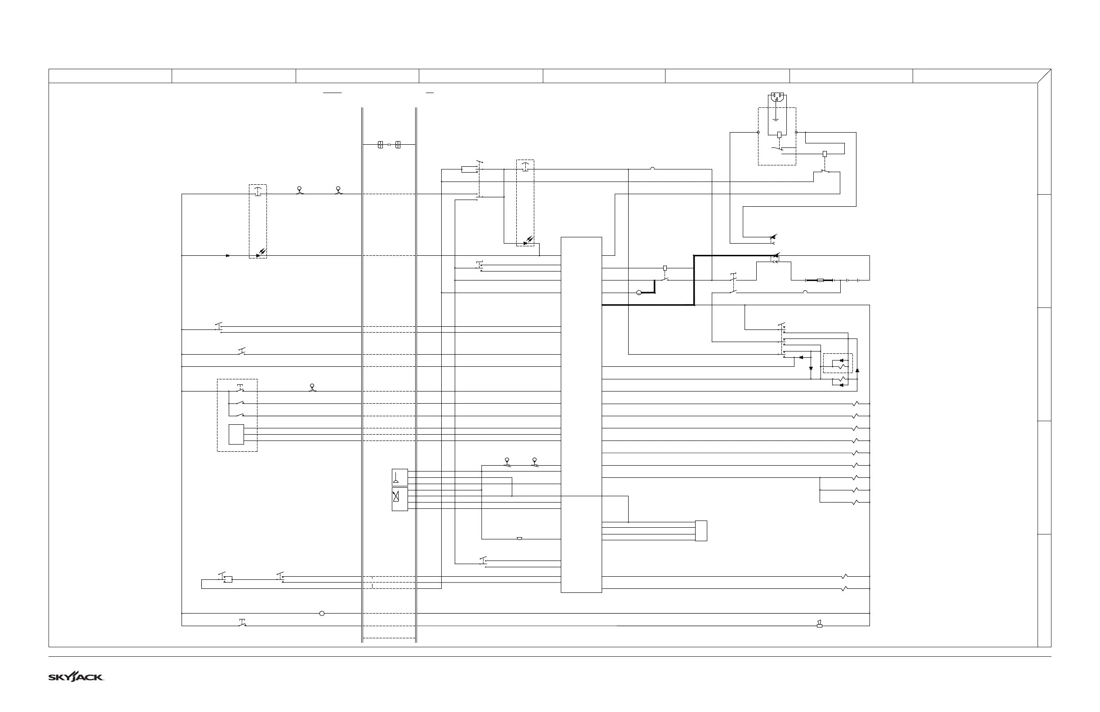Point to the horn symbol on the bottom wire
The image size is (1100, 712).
point(820,624)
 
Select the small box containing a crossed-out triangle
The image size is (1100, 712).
point(400,499)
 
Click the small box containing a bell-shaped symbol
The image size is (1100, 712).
point(400,477)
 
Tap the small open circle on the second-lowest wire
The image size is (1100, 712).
point(322,614)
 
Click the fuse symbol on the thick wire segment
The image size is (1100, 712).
point(820,280)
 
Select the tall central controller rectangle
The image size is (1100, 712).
point(581,414)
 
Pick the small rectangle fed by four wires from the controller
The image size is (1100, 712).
point(701,531)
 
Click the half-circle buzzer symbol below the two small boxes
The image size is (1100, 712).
point(519,538)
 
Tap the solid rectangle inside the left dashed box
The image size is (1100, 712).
point(236,435)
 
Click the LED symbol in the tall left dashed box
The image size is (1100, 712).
point(261,254)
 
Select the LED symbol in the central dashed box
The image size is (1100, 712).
point(528,241)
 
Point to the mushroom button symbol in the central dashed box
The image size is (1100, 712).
point(525,166)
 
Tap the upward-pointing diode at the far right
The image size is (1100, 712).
point(857,370)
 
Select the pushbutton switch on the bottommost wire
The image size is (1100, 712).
point(242,623)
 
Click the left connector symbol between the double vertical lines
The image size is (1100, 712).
point(381,145)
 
